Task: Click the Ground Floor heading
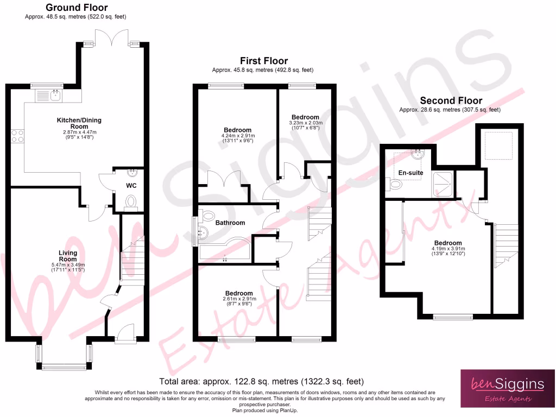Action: click(77, 8)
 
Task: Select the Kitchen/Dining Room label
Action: click(79, 123)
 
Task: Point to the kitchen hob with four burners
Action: click(16, 135)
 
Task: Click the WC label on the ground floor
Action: click(131, 186)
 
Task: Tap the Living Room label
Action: click(68, 256)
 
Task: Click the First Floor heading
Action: click(264, 61)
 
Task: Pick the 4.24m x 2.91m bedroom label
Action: click(237, 130)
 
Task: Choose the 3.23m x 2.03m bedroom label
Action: click(305, 117)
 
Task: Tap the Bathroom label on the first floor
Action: click(230, 223)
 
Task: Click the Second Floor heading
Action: click(451, 100)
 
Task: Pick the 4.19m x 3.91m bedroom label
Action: click(448, 243)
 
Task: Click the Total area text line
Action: click(261, 381)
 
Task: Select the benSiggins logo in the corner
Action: click(508, 388)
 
